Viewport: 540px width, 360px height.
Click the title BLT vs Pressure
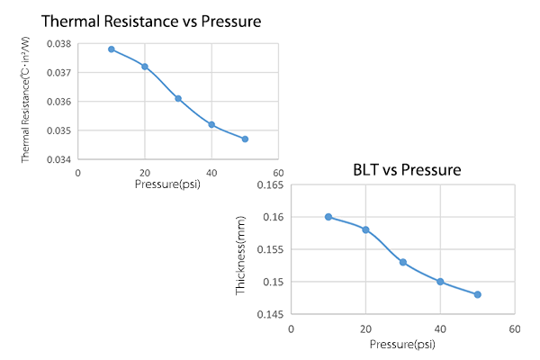click(409, 168)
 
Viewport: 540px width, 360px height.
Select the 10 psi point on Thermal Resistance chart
click(111, 49)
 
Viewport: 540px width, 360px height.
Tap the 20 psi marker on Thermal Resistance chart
click(144, 67)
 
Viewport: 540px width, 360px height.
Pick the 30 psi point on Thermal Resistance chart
click(178, 98)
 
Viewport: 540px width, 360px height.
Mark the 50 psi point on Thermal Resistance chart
click(245, 139)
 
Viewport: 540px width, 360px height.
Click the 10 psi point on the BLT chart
click(328, 217)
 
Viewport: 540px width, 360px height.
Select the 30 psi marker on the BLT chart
click(403, 262)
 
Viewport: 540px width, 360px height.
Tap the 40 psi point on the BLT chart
click(440, 282)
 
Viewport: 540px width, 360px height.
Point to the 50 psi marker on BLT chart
click(478, 294)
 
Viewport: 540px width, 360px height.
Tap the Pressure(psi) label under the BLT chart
click(402, 344)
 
